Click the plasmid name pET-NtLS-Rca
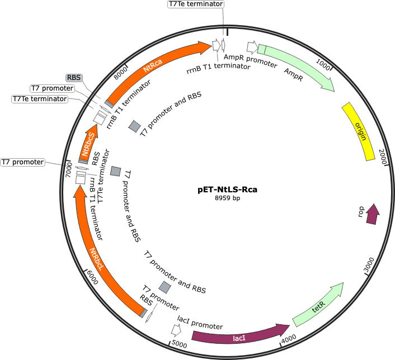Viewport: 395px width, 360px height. tap(228, 190)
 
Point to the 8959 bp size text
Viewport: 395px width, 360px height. tap(228, 198)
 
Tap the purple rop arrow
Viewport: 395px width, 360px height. tap(373, 214)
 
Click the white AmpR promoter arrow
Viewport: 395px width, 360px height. tap(252, 48)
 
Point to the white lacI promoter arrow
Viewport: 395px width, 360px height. tap(176, 330)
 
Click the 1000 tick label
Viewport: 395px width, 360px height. tap(323, 65)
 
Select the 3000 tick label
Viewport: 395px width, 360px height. tap(370, 264)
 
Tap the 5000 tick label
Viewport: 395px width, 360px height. tap(180, 344)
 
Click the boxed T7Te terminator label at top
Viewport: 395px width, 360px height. tap(196, 4)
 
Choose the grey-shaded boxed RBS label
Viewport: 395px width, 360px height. tap(74, 78)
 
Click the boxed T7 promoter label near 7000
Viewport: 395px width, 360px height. tap(23, 162)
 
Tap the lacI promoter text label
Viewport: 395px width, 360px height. tap(200, 323)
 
